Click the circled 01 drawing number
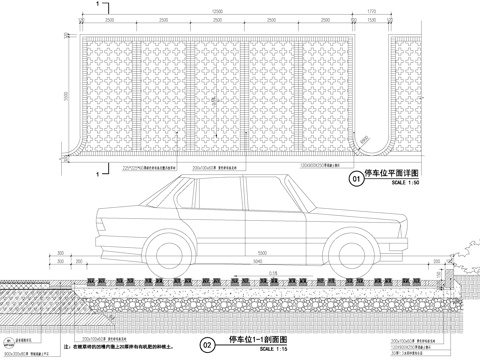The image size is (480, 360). [355, 181]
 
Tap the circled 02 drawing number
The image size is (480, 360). [207, 344]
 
